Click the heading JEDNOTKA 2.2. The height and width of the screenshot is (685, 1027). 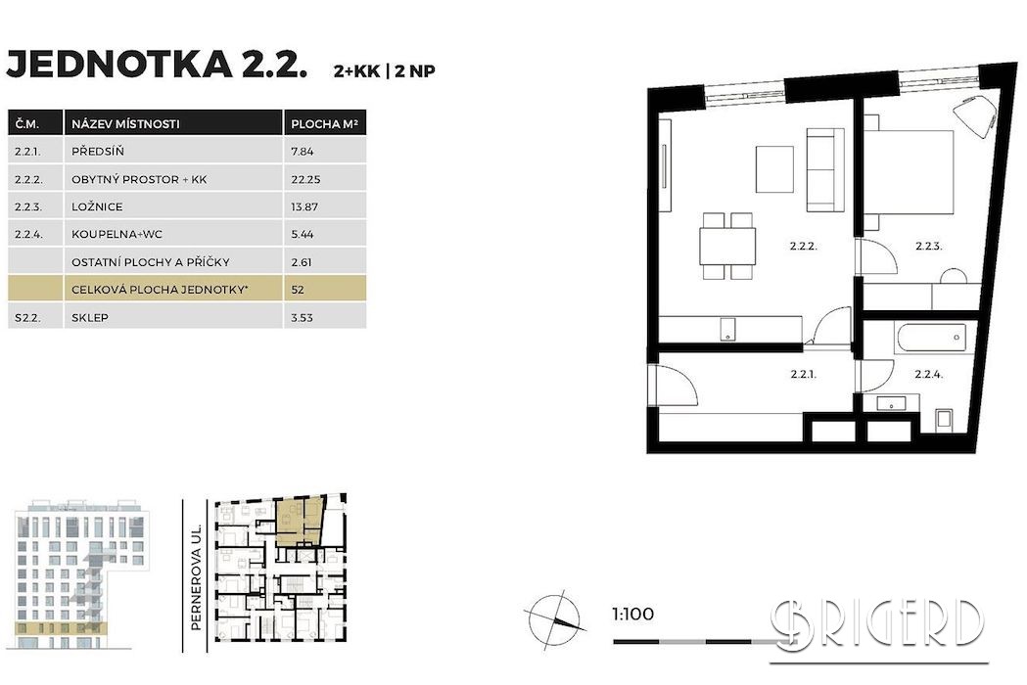(157, 65)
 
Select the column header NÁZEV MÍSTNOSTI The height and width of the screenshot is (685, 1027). (125, 123)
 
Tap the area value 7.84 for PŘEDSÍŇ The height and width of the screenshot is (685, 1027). (303, 152)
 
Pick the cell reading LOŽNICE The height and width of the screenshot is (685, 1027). (97, 206)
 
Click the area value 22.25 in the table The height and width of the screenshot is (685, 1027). (304, 179)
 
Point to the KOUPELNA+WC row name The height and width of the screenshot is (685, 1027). (117, 234)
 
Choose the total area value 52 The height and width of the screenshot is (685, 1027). (298, 290)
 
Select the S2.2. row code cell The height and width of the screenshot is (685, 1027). (27, 318)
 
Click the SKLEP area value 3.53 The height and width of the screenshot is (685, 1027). (302, 318)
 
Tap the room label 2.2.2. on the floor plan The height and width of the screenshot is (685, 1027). (803, 247)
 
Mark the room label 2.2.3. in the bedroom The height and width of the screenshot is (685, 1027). (928, 247)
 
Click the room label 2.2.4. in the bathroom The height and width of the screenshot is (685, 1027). (928, 375)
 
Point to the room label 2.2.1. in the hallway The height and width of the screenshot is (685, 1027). (803, 375)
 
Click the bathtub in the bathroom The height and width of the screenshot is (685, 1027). (930, 339)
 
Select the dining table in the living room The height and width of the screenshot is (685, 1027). (727, 246)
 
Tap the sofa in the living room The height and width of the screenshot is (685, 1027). (824, 169)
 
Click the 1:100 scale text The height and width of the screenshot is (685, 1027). (632, 615)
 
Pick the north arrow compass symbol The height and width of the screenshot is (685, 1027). (554, 618)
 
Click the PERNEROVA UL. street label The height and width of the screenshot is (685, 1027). (195, 577)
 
